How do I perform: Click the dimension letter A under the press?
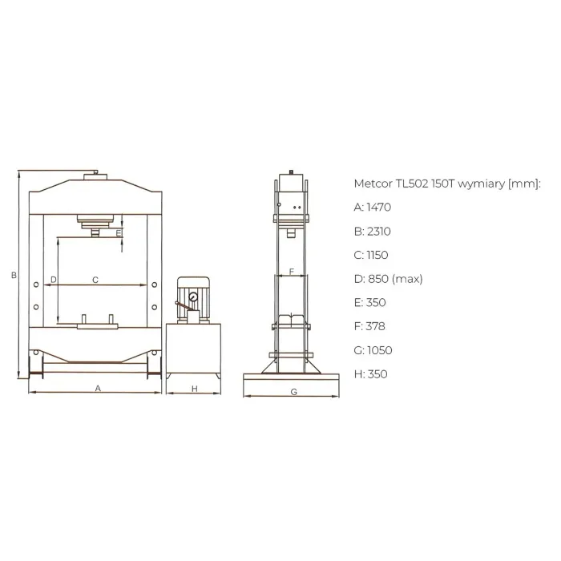pyautogui.click(x=98, y=388)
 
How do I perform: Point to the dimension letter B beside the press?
pyautogui.click(x=14, y=275)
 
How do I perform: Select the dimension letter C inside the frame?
pyautogui.click(x=95, y=280)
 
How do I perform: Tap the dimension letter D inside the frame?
pyautogui.click(x=54, y=280)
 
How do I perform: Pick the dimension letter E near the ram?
pyautogui.click(x=119, y=234)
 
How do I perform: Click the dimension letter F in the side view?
pyautogui.click(x=292, y=272)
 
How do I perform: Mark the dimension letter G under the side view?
pyautogui.click(x=294, y=392)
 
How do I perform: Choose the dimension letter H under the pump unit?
pyautogui.click(x=195, y=389)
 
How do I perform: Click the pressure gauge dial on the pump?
pyautogui.click(x=193, y=297)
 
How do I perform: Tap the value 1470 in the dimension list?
pyautogui.click(x=379, y=207)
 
